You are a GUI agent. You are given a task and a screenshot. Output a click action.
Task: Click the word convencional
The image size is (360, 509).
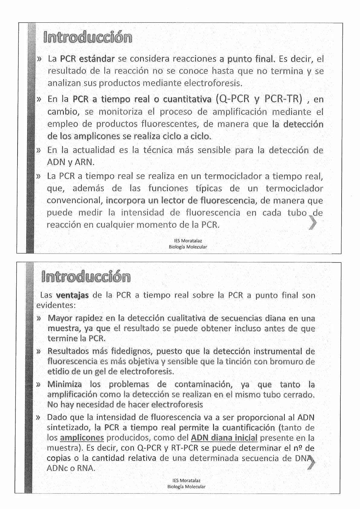pyautogui.click(x=75, y=201)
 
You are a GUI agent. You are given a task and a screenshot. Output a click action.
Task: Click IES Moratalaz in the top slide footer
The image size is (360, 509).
pyautogui.click(x=188, y=241)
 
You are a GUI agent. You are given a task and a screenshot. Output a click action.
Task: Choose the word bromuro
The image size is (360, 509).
pyautogui.click(x=282, y=362)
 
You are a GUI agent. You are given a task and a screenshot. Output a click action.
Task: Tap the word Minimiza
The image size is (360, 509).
pyautogui.click(x=64, y=385)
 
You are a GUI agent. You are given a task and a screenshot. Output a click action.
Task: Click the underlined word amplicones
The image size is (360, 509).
pyautogui.click(x=82, y=438)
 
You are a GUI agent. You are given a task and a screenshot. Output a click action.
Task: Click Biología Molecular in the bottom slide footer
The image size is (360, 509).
pyautogui.click(x=186, y=487)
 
